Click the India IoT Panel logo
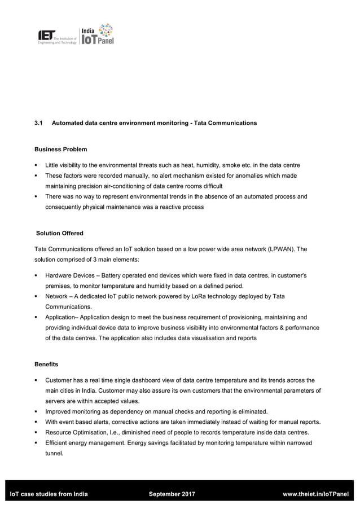click(97, 34)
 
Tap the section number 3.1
click(39, 123)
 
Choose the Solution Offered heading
click(60, 233)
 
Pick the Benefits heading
click(46, 365)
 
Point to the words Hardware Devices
click(71, 275)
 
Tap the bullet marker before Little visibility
click(36, 165)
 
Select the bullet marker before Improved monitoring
click(36, 411)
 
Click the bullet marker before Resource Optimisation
click(36, 433)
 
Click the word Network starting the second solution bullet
click(58, 296)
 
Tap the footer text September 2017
click(172, 495)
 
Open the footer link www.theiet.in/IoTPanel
click(315, 495)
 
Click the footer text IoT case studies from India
click(49, 495)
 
